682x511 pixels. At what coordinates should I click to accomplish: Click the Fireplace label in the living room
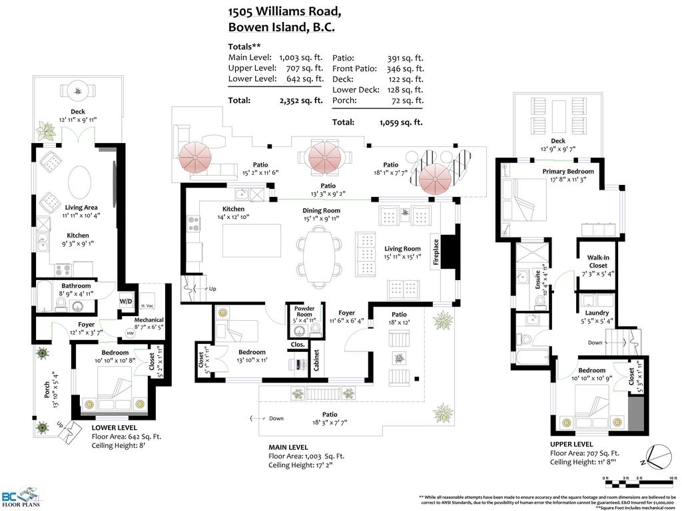(436, 253)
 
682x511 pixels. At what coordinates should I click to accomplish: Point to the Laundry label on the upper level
(597, 313)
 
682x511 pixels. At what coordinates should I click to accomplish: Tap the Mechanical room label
(149, 319)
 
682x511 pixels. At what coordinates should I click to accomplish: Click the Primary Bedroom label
(567, 172)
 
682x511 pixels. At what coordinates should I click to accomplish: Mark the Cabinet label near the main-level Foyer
(316, 361)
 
